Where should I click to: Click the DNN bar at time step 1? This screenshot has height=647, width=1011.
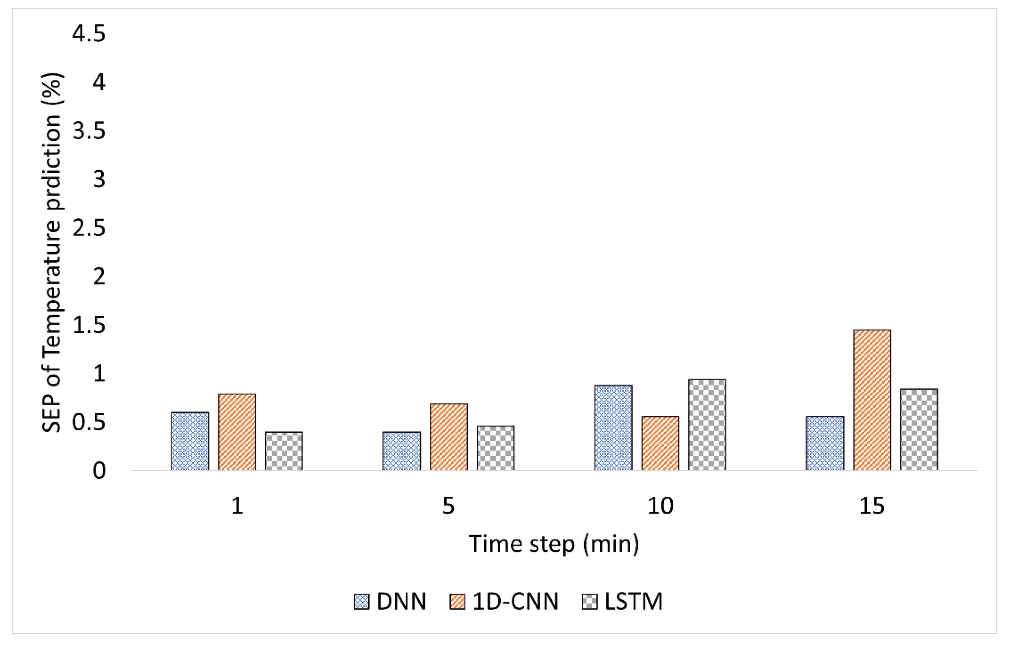point(190,441)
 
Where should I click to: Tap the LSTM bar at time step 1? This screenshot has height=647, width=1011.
point(284,451)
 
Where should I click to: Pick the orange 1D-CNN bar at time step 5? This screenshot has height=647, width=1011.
point(449,437)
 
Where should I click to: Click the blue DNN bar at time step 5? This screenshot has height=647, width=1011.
point(402,451)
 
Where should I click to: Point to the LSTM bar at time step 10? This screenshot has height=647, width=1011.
point(707,425)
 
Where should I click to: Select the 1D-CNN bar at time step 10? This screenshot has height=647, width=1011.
point(660,443)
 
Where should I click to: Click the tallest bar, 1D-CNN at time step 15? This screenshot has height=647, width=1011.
point(872,400)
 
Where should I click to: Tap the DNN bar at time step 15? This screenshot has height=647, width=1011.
point(825,443)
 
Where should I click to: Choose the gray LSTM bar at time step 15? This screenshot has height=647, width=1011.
point(919,429)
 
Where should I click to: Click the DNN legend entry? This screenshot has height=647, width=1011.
point(391,602)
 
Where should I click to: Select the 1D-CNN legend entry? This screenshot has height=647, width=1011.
point(504,602)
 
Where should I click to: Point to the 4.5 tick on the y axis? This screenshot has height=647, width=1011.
point(89,33)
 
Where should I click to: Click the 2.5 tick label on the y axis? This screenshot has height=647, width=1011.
point(89,228)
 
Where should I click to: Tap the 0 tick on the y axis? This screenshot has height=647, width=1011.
point(99,471)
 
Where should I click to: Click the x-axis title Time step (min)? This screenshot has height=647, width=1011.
point(554,544)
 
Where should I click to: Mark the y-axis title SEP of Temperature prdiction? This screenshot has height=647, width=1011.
point(52,252)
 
